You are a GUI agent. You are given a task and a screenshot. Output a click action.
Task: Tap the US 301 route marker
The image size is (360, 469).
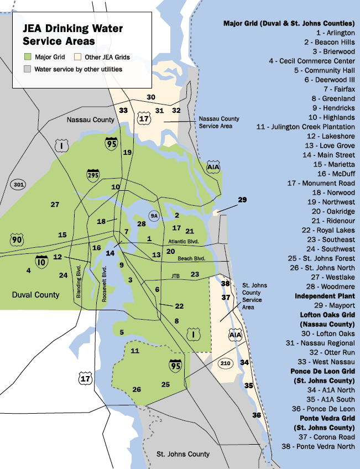[x=19, y=185]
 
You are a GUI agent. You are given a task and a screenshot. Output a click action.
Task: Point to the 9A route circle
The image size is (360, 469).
[x=154, y=216]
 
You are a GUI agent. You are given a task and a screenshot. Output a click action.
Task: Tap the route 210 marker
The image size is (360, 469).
[x=225, y=363]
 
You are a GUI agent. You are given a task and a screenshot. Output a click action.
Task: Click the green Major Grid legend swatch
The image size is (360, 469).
[x=28, y=56]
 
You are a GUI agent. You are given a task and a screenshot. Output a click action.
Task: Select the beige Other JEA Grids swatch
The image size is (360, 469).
[x=79, y=56]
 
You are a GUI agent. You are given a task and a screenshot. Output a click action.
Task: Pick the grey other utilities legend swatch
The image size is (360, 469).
[x=28, y=70]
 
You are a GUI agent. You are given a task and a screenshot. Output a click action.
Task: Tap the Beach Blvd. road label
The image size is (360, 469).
[x=191, y=258]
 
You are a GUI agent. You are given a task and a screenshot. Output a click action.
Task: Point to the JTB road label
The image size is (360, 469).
[x=175, y=275]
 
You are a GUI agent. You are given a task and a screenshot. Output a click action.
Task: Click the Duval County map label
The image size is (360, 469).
[x=35, y=295]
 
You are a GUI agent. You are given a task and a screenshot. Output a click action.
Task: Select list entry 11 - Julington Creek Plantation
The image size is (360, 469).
[x=306, y=127]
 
